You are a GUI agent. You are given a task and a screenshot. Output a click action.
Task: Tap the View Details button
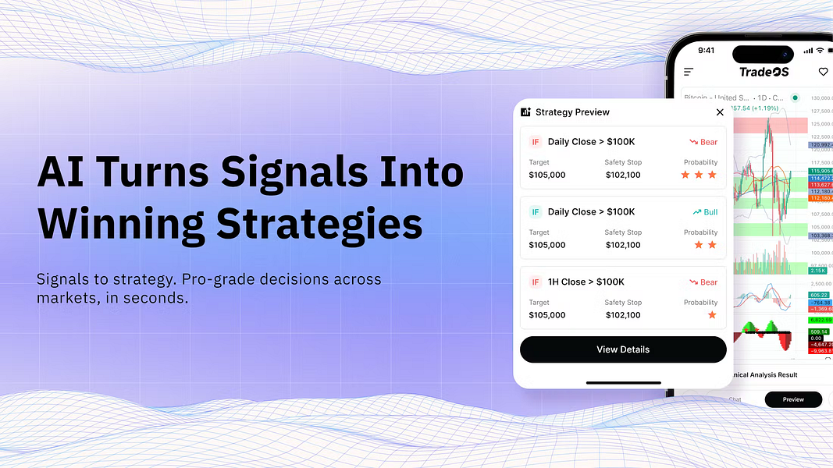point(622,349)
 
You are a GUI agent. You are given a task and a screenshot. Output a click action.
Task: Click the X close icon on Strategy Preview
point(720,112)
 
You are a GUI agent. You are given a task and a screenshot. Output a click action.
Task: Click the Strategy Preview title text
point(572,112)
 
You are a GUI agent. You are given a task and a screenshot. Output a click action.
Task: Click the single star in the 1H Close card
point(711,315)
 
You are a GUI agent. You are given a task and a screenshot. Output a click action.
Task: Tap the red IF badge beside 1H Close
point(535,282)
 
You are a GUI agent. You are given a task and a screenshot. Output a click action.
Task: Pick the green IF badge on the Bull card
point(535,212)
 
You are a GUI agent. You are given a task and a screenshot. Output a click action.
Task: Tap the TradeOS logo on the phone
point(764,72)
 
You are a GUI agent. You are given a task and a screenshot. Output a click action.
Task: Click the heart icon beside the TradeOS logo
point(823,72)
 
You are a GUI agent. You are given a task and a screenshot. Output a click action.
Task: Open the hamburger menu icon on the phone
point(689,72)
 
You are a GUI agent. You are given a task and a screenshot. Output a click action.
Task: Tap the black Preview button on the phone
point(792,399)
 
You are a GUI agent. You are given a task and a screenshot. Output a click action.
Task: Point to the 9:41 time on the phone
point(707,51)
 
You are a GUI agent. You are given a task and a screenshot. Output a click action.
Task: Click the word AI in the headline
point(62,172)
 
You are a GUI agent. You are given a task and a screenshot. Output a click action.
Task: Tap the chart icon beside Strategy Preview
point(525,112)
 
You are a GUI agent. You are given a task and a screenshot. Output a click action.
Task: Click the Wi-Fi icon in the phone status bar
point(820,51)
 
